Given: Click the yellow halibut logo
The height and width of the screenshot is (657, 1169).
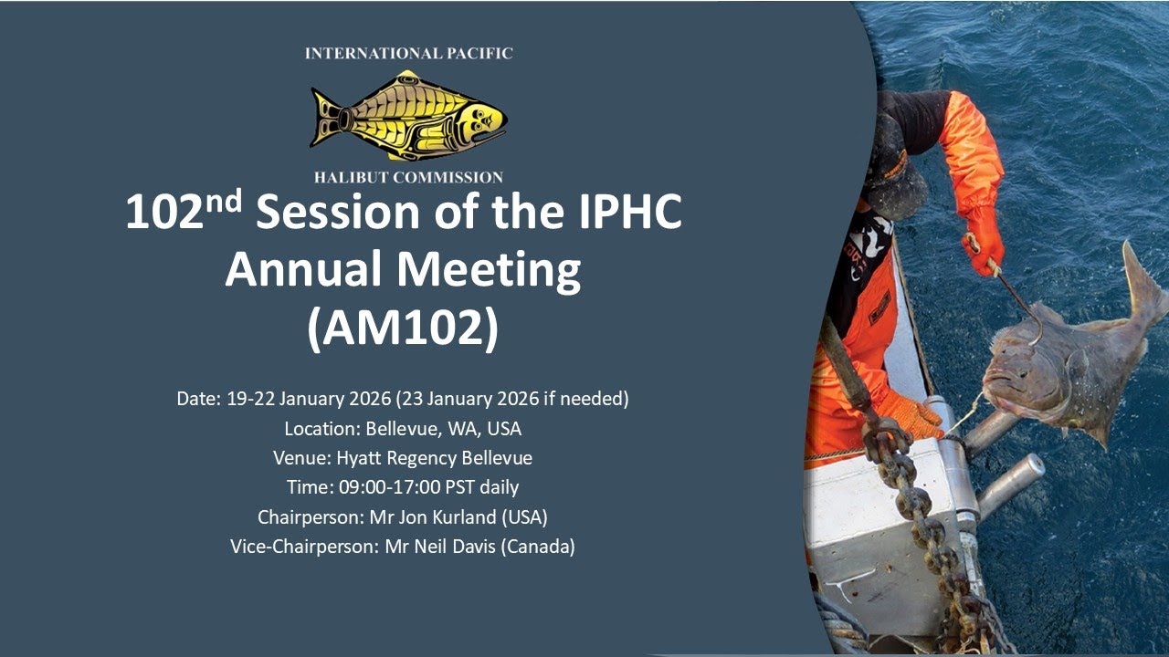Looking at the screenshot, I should tap(408, 115).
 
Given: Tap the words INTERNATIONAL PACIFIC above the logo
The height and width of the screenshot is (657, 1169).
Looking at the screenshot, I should tap(408, 54).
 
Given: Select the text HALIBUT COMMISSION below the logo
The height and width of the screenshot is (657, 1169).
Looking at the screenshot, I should tap(408, 177).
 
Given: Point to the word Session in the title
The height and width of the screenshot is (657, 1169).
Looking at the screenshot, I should tap(337, 214).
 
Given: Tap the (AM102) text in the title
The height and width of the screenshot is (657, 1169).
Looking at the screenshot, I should tap(403, 328).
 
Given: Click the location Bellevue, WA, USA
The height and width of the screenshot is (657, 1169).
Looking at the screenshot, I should tap(443, 429).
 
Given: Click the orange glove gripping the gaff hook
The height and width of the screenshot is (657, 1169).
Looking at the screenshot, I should tap(985, 240).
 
